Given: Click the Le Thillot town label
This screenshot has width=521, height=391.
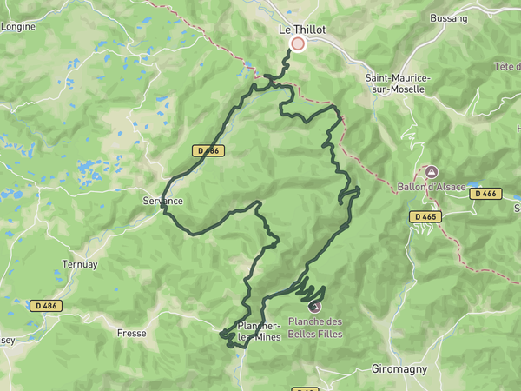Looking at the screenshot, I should click(x=301, y=29).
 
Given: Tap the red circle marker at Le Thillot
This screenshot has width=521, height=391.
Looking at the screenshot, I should click(x=298, y=43).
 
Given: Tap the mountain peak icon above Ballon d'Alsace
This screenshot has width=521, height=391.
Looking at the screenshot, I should click(x=432, y=173).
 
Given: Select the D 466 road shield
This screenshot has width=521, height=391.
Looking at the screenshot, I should click(x=486, y=194).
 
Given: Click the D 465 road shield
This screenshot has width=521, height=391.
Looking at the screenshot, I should click(x=425, y=216).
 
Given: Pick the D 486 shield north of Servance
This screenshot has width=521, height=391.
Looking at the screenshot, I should click(x=208, y=150).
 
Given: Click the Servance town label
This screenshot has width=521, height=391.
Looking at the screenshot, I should click(x=162, y=201).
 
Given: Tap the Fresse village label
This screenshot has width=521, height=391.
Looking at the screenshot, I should click(x=132, y=333).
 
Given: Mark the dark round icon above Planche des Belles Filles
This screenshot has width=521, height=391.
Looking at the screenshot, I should click(x=314, y=306).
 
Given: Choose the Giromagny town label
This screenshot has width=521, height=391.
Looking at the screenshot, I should click(x=399, y=368).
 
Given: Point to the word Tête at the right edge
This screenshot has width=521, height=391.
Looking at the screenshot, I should click(x=505, y=67).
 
